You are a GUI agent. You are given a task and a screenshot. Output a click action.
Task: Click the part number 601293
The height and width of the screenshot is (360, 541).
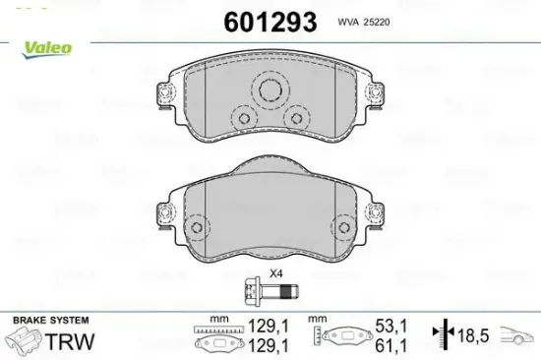click(270, 22)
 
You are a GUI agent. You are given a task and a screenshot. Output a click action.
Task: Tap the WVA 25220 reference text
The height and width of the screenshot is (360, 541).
click(364, 22)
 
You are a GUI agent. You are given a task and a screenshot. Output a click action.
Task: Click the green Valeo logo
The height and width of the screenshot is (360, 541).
click(47, 49)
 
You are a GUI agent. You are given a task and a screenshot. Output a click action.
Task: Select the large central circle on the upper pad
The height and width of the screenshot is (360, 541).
click(270, 90)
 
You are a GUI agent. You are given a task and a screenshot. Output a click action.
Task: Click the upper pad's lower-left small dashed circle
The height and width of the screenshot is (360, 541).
click(244, 118)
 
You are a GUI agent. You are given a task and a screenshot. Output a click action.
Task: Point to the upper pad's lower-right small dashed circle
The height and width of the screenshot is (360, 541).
click(297, 118)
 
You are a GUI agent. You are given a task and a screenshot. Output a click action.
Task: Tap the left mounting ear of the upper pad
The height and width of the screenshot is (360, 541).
click(165, 93)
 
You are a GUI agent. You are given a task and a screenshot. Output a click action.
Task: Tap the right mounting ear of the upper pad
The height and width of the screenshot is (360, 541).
click(375, 93)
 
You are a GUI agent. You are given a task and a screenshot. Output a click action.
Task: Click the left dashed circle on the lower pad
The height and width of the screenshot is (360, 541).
click(197, 227)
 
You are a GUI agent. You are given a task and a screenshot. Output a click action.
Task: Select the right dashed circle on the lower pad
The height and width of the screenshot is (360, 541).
click(344, 227)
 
